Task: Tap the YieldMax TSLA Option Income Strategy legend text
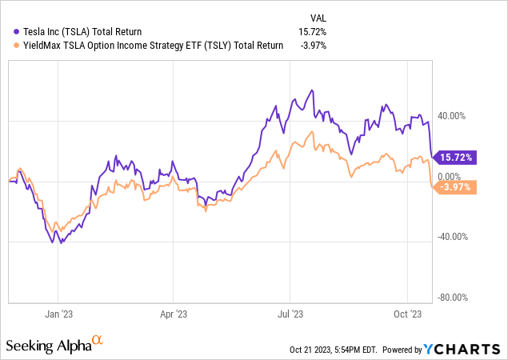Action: (149, 46)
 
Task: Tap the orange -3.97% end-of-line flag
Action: (456, 188)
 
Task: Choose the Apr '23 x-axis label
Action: (174, 314)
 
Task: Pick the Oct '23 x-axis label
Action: (408, 314)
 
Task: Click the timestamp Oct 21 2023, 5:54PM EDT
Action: (334, 350)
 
